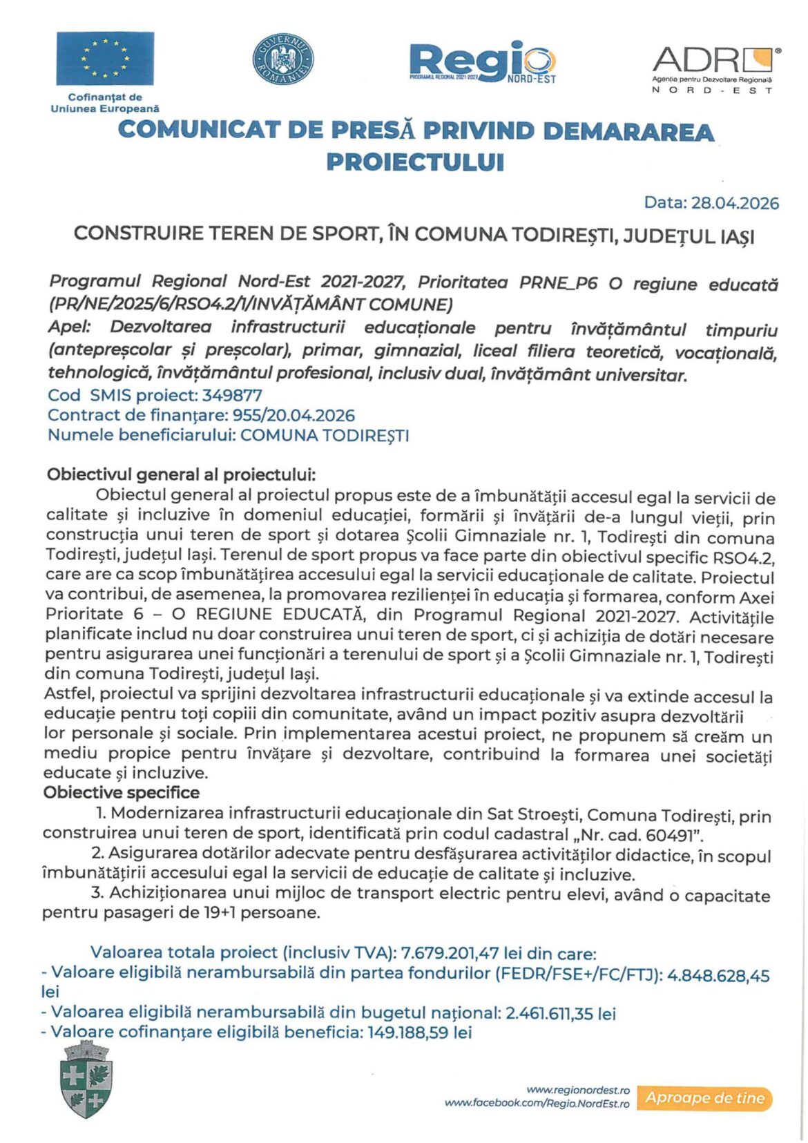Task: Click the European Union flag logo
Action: click(x=105, y=59)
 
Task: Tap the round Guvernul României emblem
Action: click(x=282, y=59)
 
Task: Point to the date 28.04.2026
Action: click(x=735, y=203)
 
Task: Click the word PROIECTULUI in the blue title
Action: click(x=415, y=162)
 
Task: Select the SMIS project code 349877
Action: click(x=232, y=396)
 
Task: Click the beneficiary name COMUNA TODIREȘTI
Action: click(x=325, y=436)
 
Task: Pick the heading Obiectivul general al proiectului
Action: click(x=181, y=475)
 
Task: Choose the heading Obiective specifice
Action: click(x=122, y=793)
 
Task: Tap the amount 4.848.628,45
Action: click(x=718, y=976)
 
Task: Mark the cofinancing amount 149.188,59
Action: click(x=407, y=1033)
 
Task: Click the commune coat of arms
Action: click(x=87, y=1080)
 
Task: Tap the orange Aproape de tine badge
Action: click(x=704, y=1098)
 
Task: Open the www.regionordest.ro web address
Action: click(x=578, y=1090)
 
